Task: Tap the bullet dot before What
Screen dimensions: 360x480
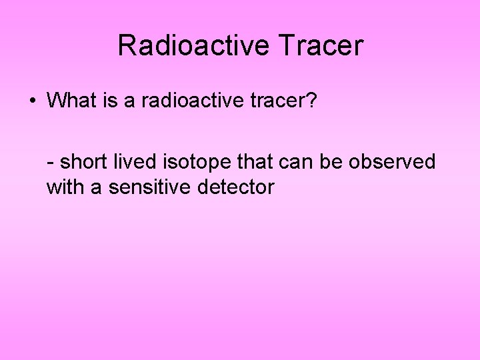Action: pyautogui.click(x=32, y=101)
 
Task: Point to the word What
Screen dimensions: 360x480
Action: pyautogui.click(x=72, y=101)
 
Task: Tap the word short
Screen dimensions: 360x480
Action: pyautogui.click(x=83, y=161)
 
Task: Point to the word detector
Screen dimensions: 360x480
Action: pyautogui.click(x=236, y=187)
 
